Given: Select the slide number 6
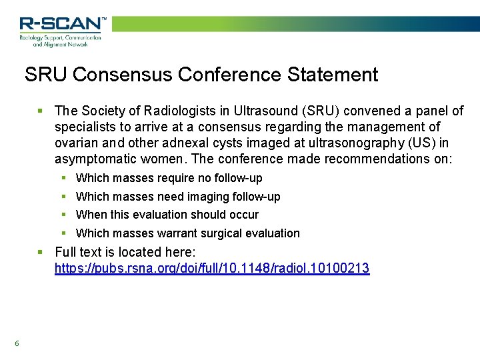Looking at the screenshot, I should click(x=17, y=343).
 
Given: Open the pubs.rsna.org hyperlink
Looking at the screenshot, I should click(x=211, y=269).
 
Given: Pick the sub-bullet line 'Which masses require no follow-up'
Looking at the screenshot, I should click(x=169, y=178).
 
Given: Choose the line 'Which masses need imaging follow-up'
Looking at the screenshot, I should click(x=178, y=197).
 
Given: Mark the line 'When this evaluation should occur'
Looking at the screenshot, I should click(x=167, y=215).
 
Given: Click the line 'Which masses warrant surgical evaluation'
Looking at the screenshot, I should click(x=188, y=233).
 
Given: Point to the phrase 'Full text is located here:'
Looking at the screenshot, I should click(x=125, y=252).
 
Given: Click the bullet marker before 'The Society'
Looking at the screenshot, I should click(x=41, y=111).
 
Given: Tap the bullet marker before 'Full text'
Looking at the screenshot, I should click(x=41, y=252).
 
